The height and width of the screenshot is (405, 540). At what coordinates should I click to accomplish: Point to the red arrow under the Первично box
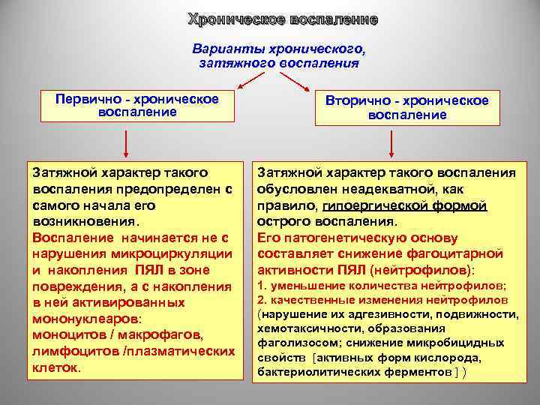pos(126,143)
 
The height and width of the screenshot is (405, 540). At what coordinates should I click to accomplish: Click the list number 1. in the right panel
pos(262,286)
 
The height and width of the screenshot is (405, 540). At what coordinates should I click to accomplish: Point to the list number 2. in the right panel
pos(262,300)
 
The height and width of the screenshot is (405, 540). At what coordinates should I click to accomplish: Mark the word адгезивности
pos(375,314)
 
